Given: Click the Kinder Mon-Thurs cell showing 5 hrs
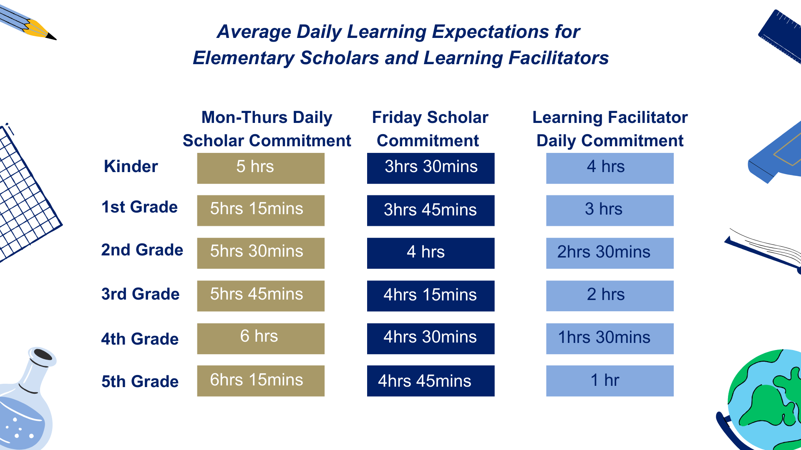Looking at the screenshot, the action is (x=261, y=168).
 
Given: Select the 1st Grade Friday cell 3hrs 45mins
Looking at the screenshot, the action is (x=431, y=210).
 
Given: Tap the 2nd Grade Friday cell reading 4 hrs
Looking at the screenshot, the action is (x=431, y=253).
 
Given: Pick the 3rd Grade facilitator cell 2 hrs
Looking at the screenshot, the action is (x=610, y=296).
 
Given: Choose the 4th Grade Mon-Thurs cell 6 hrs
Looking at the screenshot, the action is (x=261, y=339).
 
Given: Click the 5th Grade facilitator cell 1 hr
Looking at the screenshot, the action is (x=610, y=381).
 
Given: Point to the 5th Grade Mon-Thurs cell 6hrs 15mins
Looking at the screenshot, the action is (x=261, y=381).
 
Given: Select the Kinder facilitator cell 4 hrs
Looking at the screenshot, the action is (x=610, y=168).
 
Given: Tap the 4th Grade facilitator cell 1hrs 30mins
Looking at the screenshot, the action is (x=610, y=339).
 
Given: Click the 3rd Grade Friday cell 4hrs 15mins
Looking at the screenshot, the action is (x=431, y=296).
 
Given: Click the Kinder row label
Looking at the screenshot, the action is (x=131, y=166).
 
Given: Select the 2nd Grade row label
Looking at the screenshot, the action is (x=142, y=250).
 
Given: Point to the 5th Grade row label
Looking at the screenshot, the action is (x=140, y=381).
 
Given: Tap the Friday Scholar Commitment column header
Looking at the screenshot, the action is (x=430, y=129).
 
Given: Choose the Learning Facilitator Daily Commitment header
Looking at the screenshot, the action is (x=610, y=129).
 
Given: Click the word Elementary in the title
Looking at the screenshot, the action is (x=243, y=58).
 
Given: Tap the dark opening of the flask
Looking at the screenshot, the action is (x=43, y=355).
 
